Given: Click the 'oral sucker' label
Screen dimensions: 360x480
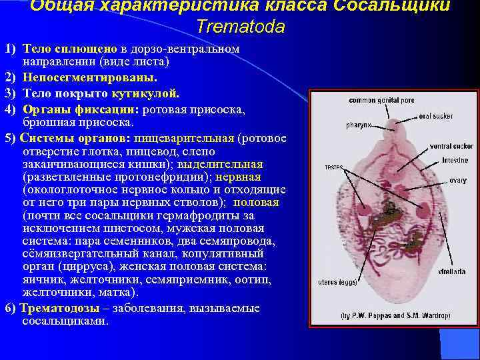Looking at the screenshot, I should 436,116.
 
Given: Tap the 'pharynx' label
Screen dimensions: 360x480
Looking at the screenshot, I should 359,125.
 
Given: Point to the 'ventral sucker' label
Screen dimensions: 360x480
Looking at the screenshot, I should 451,146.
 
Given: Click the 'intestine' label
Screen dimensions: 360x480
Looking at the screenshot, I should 455,161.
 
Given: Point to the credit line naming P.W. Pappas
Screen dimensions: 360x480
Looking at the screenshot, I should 395,315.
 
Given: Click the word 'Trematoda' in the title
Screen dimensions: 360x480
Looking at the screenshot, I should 241,27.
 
